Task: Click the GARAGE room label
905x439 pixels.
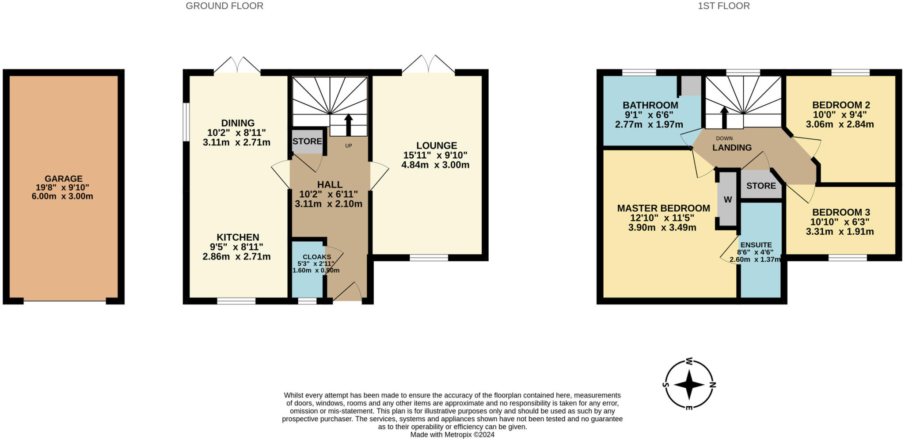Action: coord(63,179)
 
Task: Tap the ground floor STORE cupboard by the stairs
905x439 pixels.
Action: coord(307,141)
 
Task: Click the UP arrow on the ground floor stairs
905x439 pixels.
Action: coord(348,125)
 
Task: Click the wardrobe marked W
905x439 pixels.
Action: coord(727,199)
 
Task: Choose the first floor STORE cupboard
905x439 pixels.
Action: coord(761,186)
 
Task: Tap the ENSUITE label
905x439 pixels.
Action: coord(756,245)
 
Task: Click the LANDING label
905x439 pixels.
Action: coord(732,148)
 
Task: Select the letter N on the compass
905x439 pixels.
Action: coord(712,384)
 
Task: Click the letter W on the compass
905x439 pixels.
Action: coord(689,361)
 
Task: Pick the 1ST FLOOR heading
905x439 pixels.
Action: coord(723,6)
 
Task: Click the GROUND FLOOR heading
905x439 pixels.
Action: coord(224,6)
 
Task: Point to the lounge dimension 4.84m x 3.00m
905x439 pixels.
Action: coord(435,165)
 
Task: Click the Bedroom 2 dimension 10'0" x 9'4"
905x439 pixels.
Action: coord(840,115)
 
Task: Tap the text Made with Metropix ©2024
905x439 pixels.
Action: coord(452,435)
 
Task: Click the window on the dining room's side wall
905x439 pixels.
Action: coord(186,122)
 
